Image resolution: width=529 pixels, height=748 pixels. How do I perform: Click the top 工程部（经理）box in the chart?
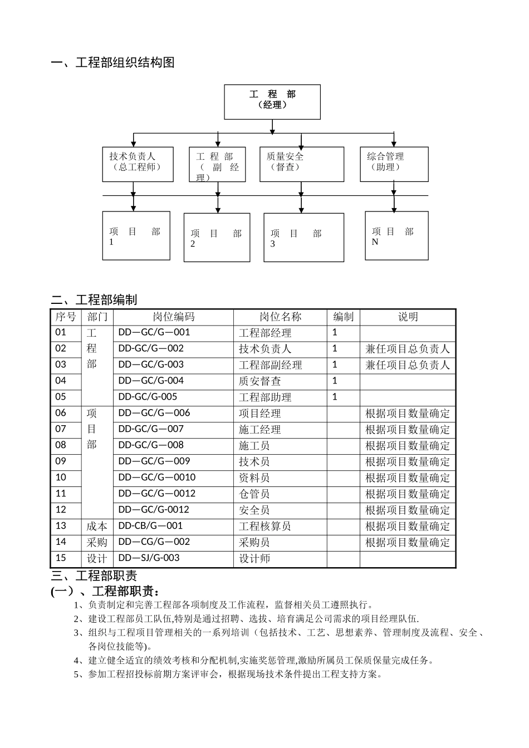click(x=272, y=101)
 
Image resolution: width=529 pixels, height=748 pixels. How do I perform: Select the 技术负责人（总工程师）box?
click(x=138, y=164)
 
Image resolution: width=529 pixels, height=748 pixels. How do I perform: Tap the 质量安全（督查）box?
click(x=301, y=164)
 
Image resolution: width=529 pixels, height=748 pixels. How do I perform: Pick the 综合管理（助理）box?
click(x=394, y=164)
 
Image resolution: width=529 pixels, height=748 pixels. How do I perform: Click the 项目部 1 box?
click(x=136, y=235)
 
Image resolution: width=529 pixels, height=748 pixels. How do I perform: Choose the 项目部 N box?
click(x=396, y=235)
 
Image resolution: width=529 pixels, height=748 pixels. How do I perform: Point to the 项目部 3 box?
click(x=303, y=237)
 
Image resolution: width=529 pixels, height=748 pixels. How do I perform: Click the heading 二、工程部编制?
click(x=94, y=300)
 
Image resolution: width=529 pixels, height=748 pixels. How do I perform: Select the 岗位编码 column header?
click(x=174, y=317)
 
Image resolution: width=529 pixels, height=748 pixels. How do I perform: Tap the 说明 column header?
click(x=408, y=317)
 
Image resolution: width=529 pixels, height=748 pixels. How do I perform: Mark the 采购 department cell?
click(x=97, y=543)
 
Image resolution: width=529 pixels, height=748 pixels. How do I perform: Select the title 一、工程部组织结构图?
click(x=113, y=63)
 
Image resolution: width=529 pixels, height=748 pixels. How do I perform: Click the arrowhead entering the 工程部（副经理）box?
click(x=218, y=144)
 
